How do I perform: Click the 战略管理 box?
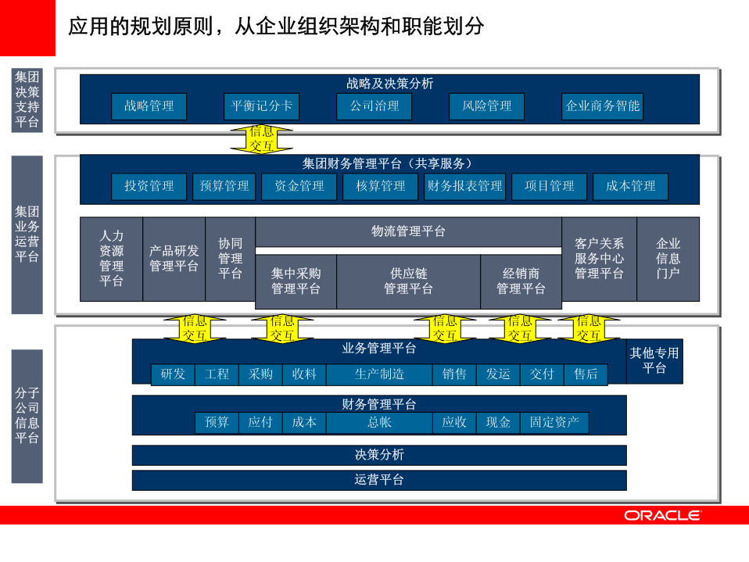coord(149,106)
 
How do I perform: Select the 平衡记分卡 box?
coord(261,106)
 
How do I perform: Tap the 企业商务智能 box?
coord(602,106)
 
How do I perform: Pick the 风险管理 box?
coord(486,106)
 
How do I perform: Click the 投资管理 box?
coord(149,186)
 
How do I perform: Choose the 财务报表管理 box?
coord(464,186)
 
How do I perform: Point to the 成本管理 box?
coord(630,186)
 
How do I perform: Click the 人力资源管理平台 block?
coord(111,259)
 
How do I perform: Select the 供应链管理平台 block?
coord(408,281)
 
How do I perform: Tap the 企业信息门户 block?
coord(668,259)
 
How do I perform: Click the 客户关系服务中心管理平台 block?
coord(599,259)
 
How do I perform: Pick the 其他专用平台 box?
coord(654,361)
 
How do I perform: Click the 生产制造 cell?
coord(379,374)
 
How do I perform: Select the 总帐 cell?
coord(379,423)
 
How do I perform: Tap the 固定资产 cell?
coord(554,423)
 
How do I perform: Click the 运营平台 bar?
coord(379,480)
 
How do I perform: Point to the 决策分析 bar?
coord(379,455)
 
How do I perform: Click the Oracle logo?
coord(662,515)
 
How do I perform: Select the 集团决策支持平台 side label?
coord(27,100)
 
